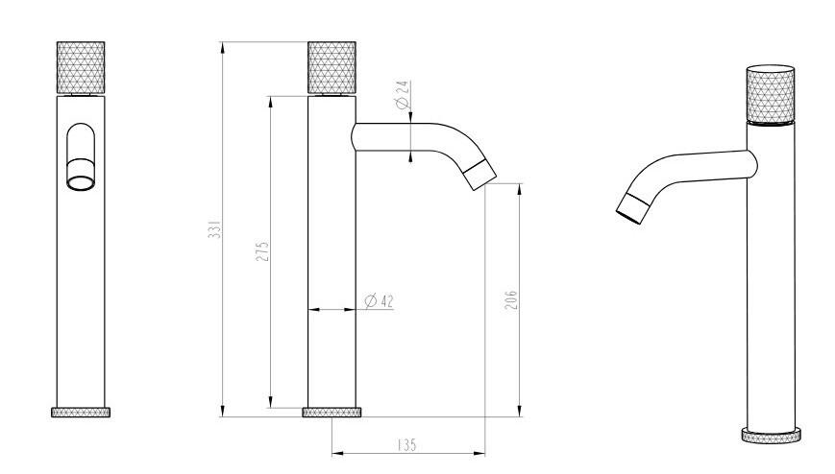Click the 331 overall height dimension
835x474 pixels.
(214, 230)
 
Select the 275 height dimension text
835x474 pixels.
(262, 251)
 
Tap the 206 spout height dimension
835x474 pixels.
(510, 300)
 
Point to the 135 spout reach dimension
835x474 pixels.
(406, 444)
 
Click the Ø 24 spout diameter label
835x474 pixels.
(404, 95)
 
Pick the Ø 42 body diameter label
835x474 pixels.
(380, 301)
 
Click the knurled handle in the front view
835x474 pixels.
(81, 67)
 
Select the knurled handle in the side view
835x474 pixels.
(332, 67)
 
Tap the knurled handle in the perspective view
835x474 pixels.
(770, 95)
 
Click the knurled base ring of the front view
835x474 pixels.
(81, 413)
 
